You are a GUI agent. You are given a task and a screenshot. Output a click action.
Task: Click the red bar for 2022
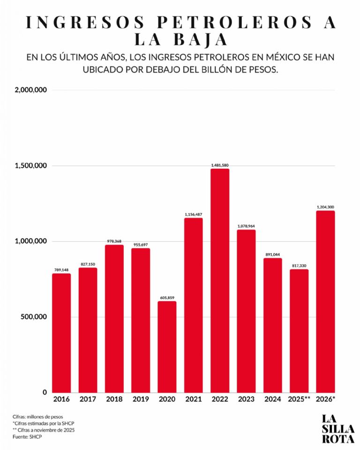pos(220,281)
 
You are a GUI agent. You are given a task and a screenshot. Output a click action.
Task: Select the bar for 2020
pos(167,347)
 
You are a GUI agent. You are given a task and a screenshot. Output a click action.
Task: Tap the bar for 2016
pos(61,333)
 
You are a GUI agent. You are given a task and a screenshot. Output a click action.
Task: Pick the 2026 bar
pos(326,302)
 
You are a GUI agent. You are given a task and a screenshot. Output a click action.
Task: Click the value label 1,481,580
pos(220,165)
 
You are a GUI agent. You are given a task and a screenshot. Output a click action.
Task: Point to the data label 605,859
pos(167,298)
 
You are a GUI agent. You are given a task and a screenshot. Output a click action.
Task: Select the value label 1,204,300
pos(326,207)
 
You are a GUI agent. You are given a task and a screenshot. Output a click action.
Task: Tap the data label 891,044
pos(273,255)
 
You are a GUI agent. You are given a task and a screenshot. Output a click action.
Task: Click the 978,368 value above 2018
pos(114,241)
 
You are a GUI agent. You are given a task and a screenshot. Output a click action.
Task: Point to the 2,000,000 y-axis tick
pos(31,90)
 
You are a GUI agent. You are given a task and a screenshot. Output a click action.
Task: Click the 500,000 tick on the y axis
pos(34,317)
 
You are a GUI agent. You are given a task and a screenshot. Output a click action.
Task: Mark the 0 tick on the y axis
pos(45,392)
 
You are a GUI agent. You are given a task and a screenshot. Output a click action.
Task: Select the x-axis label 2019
pos(141,399)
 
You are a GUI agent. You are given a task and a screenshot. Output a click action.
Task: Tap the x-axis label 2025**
pos(299,399)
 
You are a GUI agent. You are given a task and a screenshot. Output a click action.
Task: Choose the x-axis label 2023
pos(246,399)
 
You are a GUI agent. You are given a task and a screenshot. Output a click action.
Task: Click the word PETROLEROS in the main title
pos(234,22)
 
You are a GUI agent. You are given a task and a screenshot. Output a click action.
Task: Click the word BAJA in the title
pos(201,40)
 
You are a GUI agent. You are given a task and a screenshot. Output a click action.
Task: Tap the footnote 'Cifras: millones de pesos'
pos(37,417)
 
